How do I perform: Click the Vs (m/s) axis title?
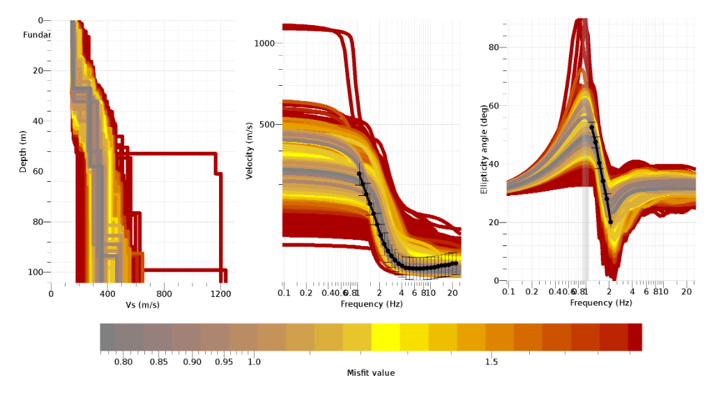(144, 305)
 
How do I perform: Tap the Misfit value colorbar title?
(370, 373)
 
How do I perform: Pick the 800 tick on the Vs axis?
(165, 294)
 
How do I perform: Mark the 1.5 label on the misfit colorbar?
(491, 362)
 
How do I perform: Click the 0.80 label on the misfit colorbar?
(123, 362)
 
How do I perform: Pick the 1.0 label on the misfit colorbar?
(254, 362)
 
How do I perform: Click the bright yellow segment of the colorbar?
(386, 337)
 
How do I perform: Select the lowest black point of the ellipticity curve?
(611, 222)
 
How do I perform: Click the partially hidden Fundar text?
(37, 35)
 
